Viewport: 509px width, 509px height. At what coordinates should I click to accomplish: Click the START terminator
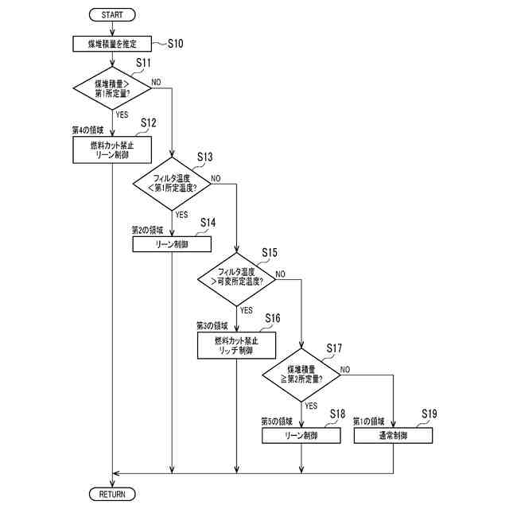[114, 15]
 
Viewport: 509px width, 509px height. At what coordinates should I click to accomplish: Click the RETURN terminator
[112, 494]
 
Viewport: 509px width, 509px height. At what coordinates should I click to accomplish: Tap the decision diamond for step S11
[112, 87]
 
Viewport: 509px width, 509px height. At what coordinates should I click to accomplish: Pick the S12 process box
[112, 150]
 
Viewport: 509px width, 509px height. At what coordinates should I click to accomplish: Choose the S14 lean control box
[172, 245]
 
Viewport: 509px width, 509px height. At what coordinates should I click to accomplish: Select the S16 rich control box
[237, 345]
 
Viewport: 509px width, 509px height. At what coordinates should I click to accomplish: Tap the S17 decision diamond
[302, 374]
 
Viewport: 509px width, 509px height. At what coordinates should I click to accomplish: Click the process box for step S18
[302, 436]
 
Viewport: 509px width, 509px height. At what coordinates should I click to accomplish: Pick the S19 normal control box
[393, 436]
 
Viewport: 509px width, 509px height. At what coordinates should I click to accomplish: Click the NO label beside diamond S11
[156, 82]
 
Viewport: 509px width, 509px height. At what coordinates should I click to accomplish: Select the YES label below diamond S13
[181, 215]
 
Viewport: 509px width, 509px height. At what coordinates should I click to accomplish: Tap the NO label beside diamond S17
[345, 370]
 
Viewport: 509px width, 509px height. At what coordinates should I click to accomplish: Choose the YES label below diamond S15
[247, 310]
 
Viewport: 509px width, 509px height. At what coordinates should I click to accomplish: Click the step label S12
[148, 122]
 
